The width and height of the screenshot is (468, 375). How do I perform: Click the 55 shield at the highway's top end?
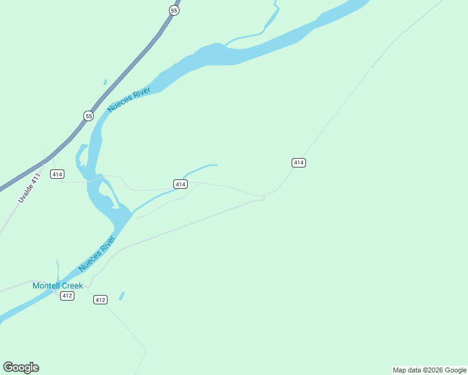174,11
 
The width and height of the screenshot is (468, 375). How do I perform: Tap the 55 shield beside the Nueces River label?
89,116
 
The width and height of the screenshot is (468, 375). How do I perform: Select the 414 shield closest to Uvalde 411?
58,174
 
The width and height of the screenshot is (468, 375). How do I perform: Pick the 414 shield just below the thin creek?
180,184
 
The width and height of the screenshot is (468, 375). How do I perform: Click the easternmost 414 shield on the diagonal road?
298,162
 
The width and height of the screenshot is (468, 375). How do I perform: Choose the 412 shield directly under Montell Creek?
68,296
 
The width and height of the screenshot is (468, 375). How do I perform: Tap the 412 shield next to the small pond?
100,300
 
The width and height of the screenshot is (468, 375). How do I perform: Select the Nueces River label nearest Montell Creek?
97,253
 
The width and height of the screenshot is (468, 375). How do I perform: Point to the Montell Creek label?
58,286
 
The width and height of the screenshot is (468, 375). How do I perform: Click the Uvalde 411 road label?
29,187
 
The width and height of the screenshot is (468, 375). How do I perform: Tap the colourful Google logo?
21,367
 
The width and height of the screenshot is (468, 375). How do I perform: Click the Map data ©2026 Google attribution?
429,370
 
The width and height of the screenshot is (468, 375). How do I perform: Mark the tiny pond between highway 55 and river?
105,82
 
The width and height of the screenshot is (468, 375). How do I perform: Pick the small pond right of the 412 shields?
121,296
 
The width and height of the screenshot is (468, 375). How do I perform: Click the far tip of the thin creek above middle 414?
216,165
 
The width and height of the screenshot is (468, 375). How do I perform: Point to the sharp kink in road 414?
264,197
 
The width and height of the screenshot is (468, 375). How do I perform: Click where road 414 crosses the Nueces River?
95,179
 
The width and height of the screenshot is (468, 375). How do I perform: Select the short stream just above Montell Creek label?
58,270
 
